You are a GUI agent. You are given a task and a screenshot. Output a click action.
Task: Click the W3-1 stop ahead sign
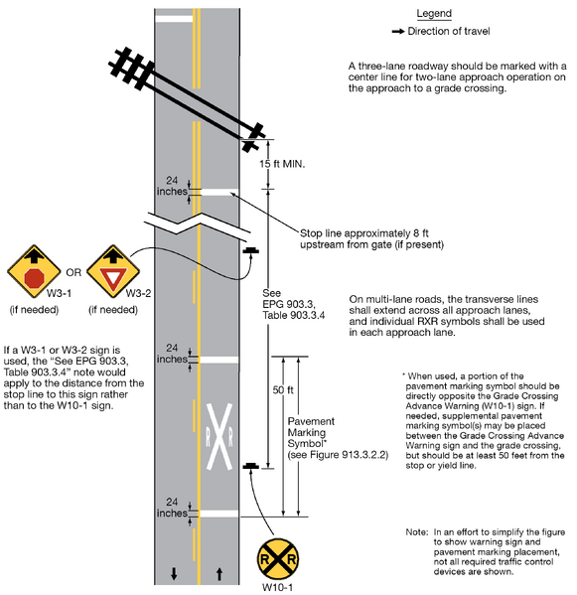[34, 269]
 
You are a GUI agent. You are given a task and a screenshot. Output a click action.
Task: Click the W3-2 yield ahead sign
[110, 269]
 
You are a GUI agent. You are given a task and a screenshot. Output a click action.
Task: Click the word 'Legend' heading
[434, 14]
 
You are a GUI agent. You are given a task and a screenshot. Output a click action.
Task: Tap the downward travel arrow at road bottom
[175, 573]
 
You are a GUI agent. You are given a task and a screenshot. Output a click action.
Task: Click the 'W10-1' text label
[278, 588]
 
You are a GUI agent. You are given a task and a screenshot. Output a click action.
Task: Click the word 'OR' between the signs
[72, 270]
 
